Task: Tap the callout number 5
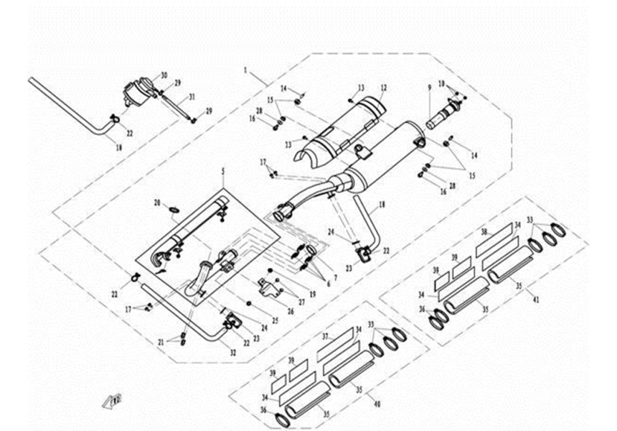pyautogui.click(x=222, y=172)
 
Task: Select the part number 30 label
pyautogui.click(x=164, y=75)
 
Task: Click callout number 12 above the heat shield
pyautogui.click(x=383, y=87)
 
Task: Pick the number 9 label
pyautogui.click(x=429, y=88)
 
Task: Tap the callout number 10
pyautogui.click(x=442, y=83)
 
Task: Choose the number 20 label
pyautogui.click(x=157, y=203)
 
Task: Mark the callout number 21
pyautogui.click(x=161, y=340)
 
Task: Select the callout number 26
pyautogui.click(x=290, y=311)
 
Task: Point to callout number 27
pyautogui.click(x=302, y=302)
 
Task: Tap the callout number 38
pyautogui.click(x=484, y=232)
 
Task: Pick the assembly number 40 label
pyautogui.click(x=377, y=405)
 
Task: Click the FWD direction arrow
pyautogui.click(x=113, y=399)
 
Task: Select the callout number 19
pyautogui.click(x=313, y=294)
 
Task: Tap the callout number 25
pyautogui.click(x=275, y=319)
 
